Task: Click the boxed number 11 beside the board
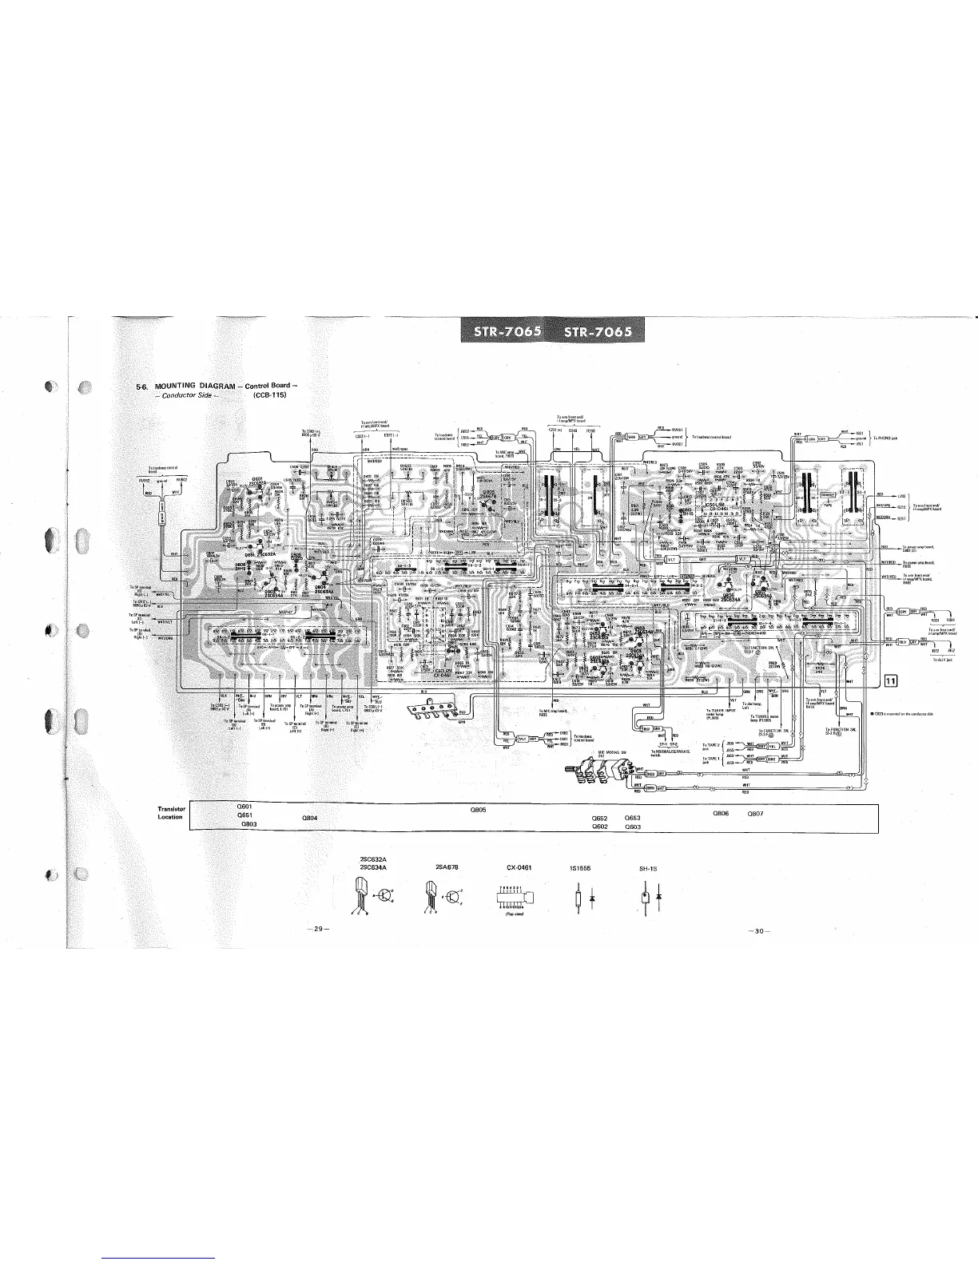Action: coord(892,680)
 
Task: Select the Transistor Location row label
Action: coord(172,813)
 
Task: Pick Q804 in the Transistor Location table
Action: coord(312,818)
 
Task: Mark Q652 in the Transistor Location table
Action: coord(600,818)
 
